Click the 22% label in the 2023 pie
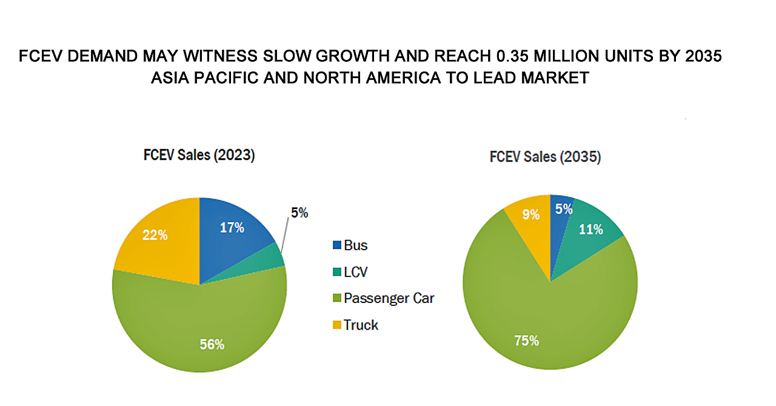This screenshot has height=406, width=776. point(155,235)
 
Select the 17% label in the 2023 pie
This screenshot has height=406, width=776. point(232,227)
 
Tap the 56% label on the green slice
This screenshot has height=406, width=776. point(212,344)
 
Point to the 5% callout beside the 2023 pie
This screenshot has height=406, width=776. point(299,213)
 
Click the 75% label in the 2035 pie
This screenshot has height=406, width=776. point(526,341)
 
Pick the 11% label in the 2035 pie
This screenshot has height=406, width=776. point(590,230)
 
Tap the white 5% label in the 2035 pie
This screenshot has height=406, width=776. point(563,210)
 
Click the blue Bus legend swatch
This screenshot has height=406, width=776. point(336,246)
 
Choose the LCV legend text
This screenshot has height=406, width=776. point(355,272)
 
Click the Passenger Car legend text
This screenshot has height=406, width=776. point(389,298)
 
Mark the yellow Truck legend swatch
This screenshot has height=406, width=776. point(336,325)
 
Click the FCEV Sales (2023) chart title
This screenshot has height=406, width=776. point(199,155)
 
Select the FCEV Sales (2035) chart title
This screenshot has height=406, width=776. point(545,157)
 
